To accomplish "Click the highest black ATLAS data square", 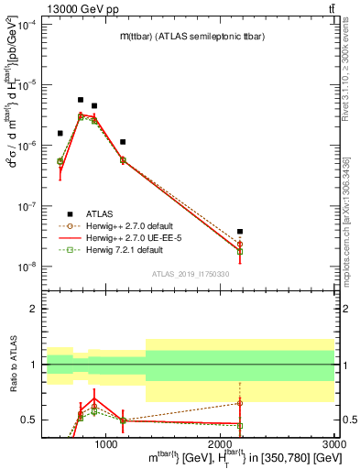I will [x=81, y=100].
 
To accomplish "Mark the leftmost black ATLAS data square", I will [x=60, y=134].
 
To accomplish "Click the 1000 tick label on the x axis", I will [x=106, y=444].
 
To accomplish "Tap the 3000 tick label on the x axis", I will [x=334, y=444].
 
